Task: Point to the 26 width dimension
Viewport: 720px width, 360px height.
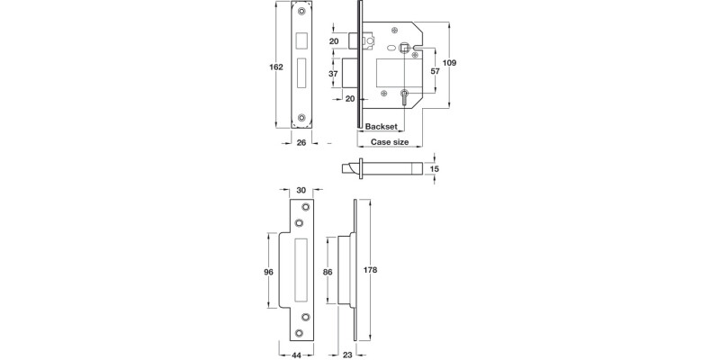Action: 302,143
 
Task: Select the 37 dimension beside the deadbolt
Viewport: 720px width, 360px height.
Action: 332,74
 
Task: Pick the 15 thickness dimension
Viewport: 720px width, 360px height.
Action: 435,168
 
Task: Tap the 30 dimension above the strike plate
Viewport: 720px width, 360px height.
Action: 302,191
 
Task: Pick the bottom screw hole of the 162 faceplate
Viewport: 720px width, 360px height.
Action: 301,118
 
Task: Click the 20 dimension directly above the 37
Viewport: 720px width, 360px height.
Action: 332,40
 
